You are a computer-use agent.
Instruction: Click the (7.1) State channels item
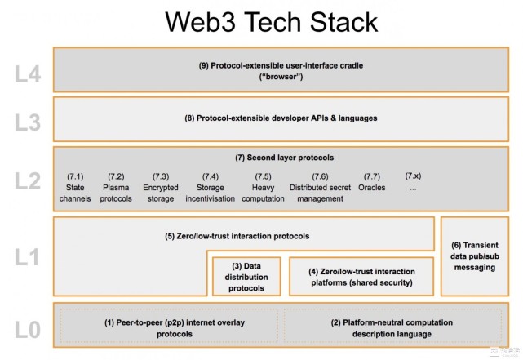coord(76,187)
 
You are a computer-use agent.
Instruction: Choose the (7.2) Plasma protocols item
coord(116,187)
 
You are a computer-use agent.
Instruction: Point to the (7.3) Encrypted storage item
coord(161,187)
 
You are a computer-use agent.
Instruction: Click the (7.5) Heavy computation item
coord(263,187)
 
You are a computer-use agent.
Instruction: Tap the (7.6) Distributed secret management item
coord(320,187)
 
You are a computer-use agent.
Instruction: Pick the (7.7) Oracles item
coord(372,187)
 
